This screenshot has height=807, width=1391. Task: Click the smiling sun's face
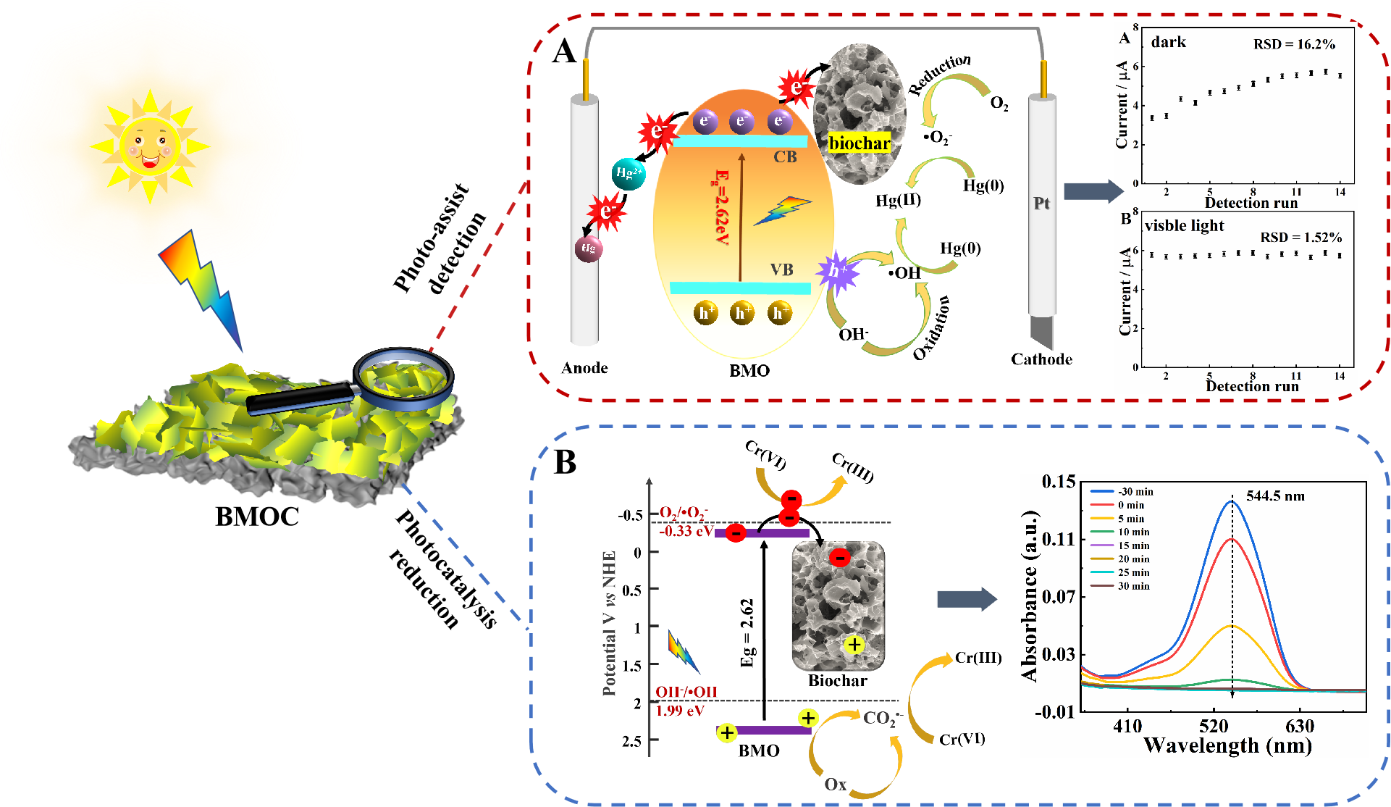150,146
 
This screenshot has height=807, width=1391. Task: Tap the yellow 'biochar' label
859,143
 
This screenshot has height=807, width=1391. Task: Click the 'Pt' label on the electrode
1041,204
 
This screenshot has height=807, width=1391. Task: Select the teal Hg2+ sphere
628,173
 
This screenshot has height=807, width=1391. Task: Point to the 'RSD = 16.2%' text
1294,44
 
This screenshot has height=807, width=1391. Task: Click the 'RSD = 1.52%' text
1300,238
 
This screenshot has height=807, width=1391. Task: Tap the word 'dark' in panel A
1169,42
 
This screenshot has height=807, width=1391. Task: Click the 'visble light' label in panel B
1184,226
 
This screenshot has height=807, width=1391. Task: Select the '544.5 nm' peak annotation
1275,496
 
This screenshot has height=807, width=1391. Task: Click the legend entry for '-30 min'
1135,492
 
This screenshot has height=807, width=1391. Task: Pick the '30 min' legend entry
1133,586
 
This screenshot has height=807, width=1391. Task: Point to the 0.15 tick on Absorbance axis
1058,482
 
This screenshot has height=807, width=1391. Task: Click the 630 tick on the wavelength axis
1300,727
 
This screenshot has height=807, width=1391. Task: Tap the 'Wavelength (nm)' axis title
1227,745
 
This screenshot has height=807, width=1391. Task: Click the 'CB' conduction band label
785,157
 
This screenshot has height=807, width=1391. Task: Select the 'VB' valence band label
781,270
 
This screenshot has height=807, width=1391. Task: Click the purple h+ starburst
837,271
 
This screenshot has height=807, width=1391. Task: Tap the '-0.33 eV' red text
686,531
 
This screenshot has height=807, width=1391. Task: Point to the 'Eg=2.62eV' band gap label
722,207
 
